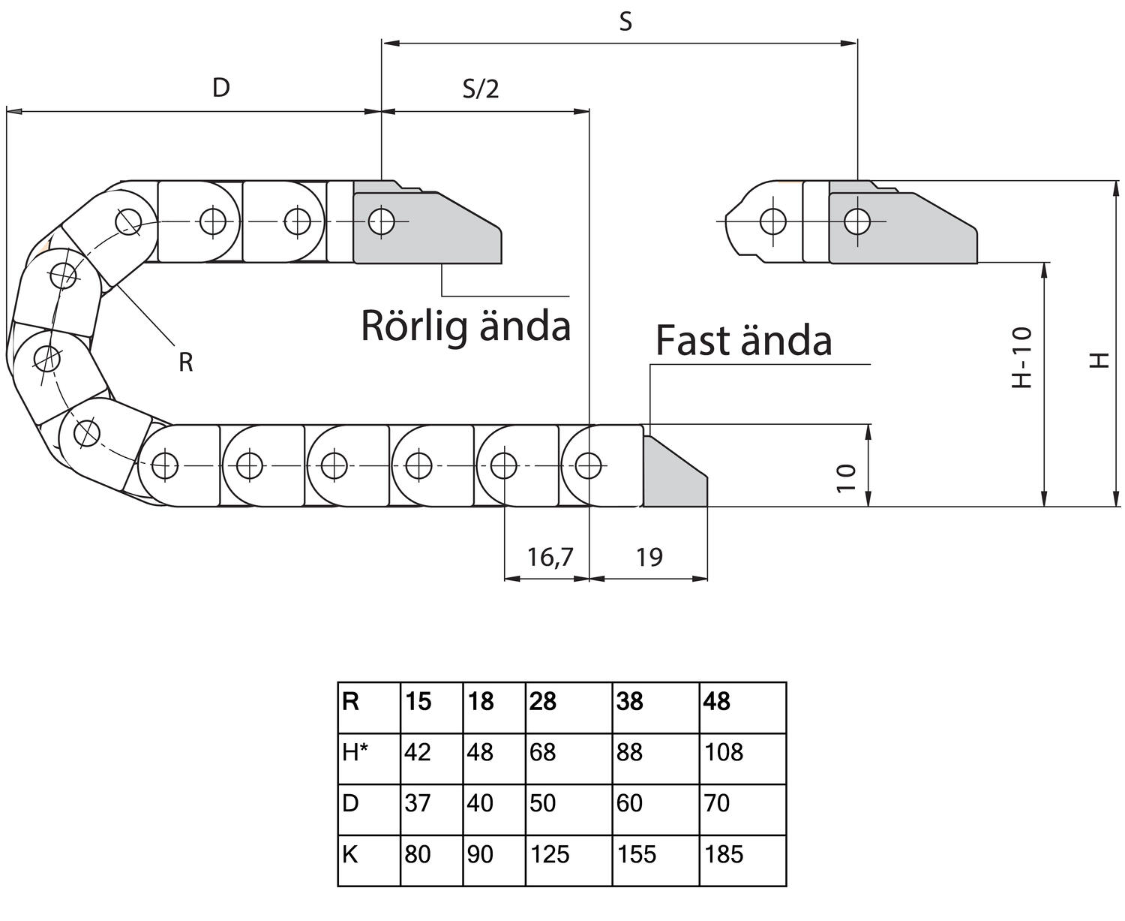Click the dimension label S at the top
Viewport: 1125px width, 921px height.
coord(625,23)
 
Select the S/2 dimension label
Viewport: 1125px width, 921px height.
coord(481,89)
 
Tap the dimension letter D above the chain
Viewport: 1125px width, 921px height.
coord(220,88)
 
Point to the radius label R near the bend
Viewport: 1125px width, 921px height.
coord(186,363)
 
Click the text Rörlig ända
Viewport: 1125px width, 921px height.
coord(466,326)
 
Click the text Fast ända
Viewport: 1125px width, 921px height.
coord(743,341)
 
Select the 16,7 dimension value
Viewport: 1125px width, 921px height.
coord(550,557)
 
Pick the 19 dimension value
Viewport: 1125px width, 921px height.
coord(649,557)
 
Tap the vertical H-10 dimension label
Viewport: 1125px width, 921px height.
coord(1023,357)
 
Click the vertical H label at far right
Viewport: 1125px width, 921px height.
coord(1099,360)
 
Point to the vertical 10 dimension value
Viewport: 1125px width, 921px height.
coord(846,478)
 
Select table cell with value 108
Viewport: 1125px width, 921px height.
coord(724,752)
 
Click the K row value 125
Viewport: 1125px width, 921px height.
coord(550,854)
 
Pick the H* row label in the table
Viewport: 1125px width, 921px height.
coord(355,752)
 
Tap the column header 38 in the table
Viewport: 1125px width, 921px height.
coord(630,701)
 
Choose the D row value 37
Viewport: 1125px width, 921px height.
coord(418,803)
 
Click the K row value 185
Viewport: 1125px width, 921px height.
coord(724,854)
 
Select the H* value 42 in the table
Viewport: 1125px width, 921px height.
coord(418,752)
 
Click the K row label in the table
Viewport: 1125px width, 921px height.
coord(350,854)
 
